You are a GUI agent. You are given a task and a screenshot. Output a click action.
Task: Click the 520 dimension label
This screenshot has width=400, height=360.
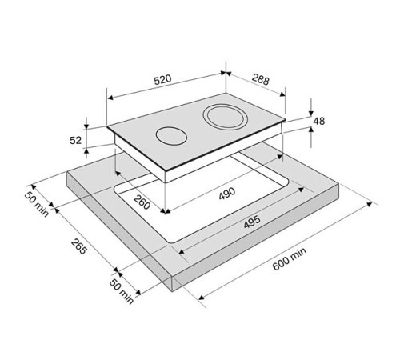point(162,79)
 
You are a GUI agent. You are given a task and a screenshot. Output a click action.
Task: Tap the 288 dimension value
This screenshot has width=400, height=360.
point(261,79)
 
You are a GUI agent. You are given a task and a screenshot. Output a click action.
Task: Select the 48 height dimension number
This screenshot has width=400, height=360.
point(319,122)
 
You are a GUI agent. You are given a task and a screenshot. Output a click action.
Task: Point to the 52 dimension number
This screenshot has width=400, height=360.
point(75,140)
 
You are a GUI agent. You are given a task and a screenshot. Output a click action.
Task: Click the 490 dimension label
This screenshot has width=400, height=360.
point(227,194)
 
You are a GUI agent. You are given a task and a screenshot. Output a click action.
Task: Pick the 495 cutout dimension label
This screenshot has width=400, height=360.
point(252,222)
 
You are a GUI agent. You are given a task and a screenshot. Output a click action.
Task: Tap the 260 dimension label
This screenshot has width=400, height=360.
point(142,202)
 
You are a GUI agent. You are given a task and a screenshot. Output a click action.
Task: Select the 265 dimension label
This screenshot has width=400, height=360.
point(79,246)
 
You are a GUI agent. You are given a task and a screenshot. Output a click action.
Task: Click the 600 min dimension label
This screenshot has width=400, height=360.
point(290,259)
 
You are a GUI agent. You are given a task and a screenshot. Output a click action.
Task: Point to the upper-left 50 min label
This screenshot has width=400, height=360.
point(36,205)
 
